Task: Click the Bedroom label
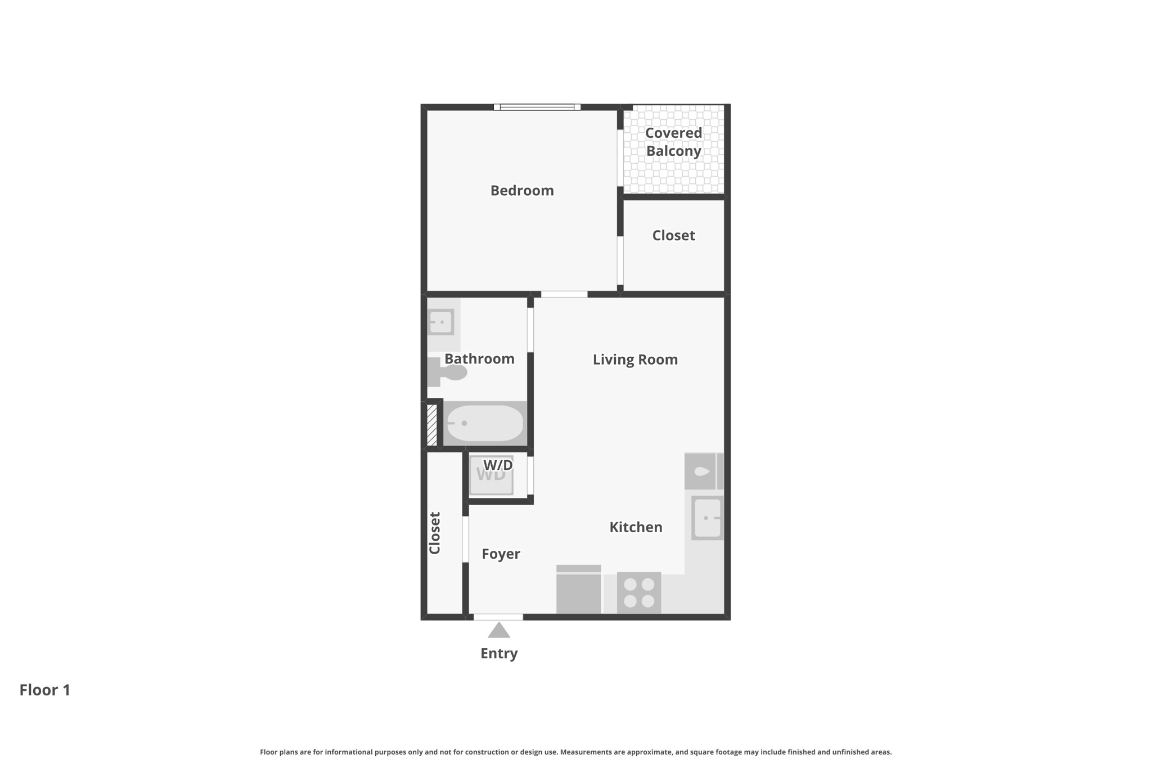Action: (x=522, y=191)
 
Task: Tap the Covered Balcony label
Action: (x=673, y=142)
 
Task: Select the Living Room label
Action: (x=635, y=360)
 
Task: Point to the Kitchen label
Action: (x=636, y=527)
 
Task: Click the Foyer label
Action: (x=501, y=554)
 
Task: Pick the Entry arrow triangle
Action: (x=499, y=631)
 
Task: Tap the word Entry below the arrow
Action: (x=499, y=654)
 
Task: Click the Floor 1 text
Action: (x=45, y=690)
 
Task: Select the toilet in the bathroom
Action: (x=448, y=372)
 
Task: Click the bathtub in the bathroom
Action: (x=484, y=423)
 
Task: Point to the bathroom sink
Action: (x=441, y=322)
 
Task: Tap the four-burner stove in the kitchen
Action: (x=638, y=592)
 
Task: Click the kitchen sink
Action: (x=707, y=518)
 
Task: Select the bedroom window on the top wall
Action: (x=537, y=107)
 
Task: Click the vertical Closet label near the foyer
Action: (x=435, y=533)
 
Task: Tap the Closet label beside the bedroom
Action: (x=673, y=236)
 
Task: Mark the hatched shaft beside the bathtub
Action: (x=432, y=425)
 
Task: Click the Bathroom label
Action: (x=479, y=359)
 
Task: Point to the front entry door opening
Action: (x=498, y=617)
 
